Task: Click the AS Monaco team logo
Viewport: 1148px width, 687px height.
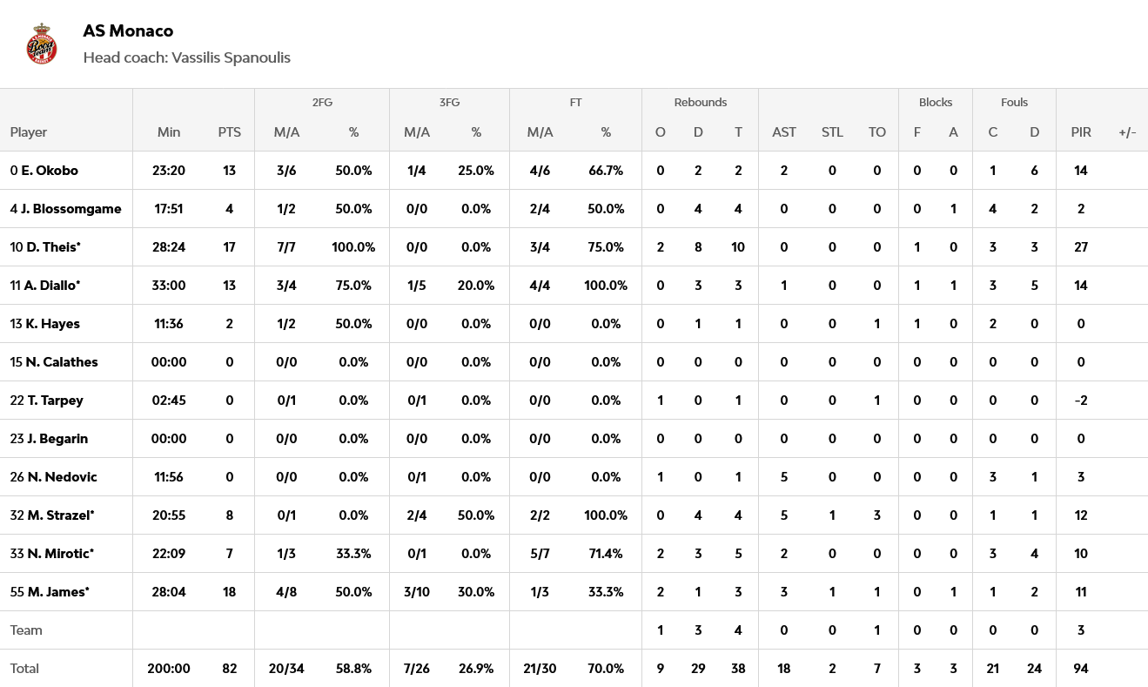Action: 42,44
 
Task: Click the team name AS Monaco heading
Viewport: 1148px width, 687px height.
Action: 128,31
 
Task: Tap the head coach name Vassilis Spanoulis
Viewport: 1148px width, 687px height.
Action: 231,58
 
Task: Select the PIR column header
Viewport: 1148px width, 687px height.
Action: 1081,132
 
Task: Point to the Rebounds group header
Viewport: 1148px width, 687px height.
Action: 700,103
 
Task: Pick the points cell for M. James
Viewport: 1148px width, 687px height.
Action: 230,592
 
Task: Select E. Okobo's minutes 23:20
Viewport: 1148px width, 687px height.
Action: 169,171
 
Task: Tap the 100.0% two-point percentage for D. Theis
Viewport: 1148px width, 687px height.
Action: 353,247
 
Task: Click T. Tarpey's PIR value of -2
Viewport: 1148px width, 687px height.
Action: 1081,401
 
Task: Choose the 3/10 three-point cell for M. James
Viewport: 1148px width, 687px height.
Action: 417,592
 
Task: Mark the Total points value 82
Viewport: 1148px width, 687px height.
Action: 230,669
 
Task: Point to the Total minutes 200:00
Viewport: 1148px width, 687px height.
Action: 169,669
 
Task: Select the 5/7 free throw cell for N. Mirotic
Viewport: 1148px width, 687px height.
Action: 540,554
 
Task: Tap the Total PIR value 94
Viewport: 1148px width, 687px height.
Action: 1081,669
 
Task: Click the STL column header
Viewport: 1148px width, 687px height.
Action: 832,132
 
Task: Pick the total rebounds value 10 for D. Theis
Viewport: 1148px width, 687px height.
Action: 738,247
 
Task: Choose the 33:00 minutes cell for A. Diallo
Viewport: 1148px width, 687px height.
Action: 169,286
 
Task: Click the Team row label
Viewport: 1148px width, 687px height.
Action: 26,630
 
